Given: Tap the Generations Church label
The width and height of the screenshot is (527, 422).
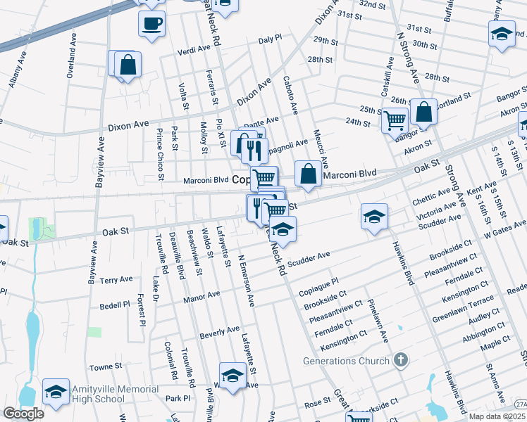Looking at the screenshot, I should pyautogui.click(x=346, y=361).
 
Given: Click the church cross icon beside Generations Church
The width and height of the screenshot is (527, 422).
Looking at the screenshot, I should pyautogui.click(x=401, y=361).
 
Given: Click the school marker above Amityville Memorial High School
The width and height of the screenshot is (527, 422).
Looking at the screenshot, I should pyautogui.click(x=56, y=391).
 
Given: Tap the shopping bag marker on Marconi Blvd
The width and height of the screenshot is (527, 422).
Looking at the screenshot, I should pyautogui.click(x=308, y=174).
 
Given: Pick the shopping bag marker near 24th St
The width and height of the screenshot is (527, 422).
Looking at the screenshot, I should pyautogui.click(x=423, y=111).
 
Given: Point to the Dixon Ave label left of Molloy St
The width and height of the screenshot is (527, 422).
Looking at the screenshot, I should pyautogui.click(x=128, y=124).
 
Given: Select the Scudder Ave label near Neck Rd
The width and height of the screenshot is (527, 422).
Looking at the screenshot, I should pyautogui.click(x=309, y=257).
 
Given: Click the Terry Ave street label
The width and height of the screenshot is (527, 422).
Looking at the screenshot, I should pyautogui.click(x=116, y=279).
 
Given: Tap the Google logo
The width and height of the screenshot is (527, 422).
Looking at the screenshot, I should pyautogui.click(x=23, y=414).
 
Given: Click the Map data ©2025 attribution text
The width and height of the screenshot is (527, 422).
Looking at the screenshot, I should pyautogui.click(x=497, y=416).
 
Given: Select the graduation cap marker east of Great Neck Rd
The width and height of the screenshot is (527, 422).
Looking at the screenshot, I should pyautogui.click(x=375, y=216).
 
